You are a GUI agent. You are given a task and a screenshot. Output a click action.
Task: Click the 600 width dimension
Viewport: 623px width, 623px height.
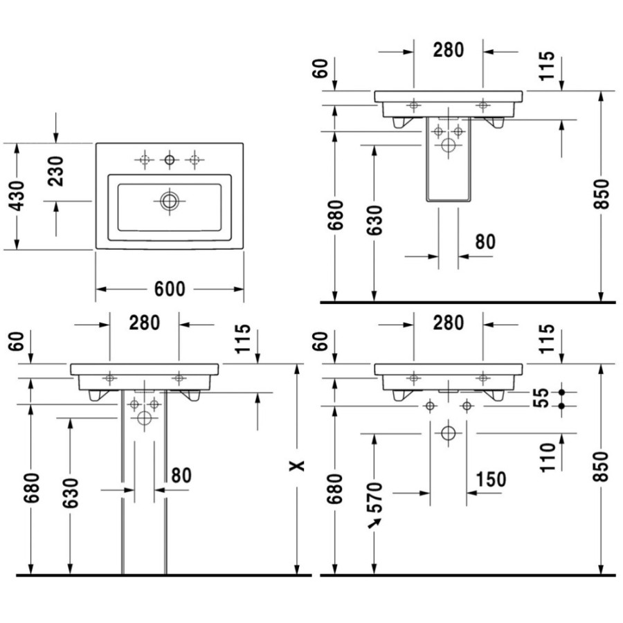tap(170, 289)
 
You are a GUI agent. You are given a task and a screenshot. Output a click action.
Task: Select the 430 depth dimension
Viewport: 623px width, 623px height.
tap(17, 196)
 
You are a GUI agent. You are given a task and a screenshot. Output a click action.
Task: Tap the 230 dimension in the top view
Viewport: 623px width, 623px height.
tap(55, 172)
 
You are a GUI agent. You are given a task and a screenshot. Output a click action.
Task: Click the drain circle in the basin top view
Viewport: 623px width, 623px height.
tap(170, 201)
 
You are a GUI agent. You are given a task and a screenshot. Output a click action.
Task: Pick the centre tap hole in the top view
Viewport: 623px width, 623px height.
tap(170, 160)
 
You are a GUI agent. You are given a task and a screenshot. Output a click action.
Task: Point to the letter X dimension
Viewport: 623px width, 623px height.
tap(297, 466)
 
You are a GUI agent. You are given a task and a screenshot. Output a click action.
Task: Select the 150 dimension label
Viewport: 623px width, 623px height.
tap(491, 479)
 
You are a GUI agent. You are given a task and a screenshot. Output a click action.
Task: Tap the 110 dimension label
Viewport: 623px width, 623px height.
tap(548, 458)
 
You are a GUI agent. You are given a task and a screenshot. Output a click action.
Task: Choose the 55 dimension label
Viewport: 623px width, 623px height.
tap(541, 398)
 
